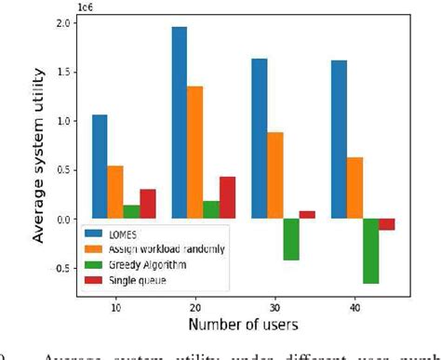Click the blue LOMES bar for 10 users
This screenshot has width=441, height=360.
[100, 167]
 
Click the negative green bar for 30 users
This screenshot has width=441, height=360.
[291, 239]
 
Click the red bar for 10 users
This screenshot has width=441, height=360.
[147, 204]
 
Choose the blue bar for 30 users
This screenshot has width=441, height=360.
[260, 139]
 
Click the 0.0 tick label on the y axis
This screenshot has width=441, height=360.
[62, 220]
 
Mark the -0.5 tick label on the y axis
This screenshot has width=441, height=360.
[60, 269]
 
